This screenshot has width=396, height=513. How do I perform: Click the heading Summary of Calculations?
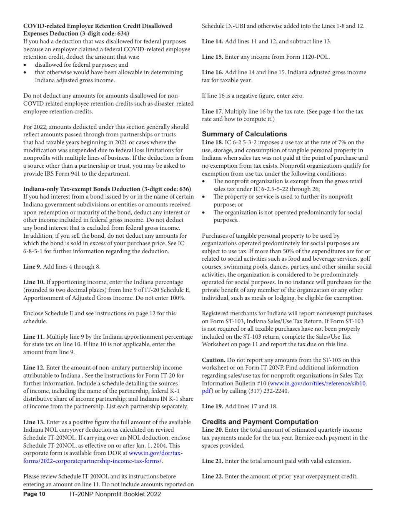[x=244, y=134]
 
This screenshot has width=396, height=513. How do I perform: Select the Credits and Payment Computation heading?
[x=260, y=422]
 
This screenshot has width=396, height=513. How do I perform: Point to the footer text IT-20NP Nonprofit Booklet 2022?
[x=115, y=494]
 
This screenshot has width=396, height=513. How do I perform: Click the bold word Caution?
[x=213, y=360]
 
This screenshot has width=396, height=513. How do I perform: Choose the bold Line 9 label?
[x=32, y=267]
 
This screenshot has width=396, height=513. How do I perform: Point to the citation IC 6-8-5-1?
[x=38, y=251]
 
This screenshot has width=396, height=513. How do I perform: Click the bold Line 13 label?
[x=34, y=422]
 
